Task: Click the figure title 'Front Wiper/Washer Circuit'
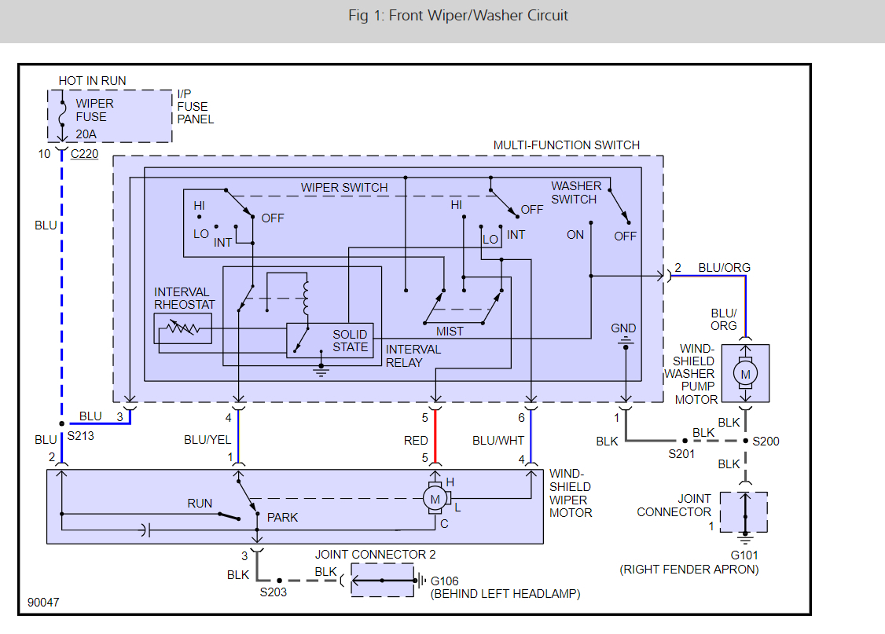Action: (458, 16)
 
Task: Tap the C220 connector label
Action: (85, 154)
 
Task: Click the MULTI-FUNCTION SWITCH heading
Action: (566, 145)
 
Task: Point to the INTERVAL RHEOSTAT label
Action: (185, 299)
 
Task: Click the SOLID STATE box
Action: (350, 340)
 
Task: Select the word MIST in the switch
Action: (450, 332)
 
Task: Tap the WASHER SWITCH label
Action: (575, 192)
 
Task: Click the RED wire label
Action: (416, 441)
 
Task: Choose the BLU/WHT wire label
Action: (498, 441)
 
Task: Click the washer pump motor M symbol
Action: (746, 375)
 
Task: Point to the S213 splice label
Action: (81, 434)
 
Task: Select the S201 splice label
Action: (681, 454)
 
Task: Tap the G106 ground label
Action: (445, 581)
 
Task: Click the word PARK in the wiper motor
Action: (283, 518)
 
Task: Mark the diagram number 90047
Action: (43, 603)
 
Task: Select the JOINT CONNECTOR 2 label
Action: (376, 555)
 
